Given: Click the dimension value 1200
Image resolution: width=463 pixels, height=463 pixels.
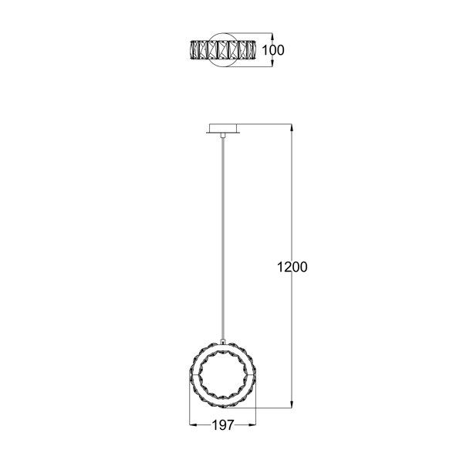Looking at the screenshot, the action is pos(292,267).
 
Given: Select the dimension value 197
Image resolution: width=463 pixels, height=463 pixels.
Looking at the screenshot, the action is pos(223,425).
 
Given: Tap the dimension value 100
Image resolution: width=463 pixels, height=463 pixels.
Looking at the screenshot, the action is pos(273,50).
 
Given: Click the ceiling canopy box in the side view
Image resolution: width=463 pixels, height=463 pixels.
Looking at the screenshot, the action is pos(223,128).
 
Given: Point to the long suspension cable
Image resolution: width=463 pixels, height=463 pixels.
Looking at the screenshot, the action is pos(223,238).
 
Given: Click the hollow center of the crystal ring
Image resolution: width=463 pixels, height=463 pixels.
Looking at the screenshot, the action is pos(223,376).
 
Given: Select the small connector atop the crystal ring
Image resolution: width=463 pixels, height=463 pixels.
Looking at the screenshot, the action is pos(223,342).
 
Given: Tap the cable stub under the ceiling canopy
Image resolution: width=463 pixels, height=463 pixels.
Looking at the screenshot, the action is pos(223,136).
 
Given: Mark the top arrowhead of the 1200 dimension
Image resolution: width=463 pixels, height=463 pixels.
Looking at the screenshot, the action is pos(292,127).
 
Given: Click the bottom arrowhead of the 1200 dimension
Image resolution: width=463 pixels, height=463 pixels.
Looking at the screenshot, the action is pos(292,404).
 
